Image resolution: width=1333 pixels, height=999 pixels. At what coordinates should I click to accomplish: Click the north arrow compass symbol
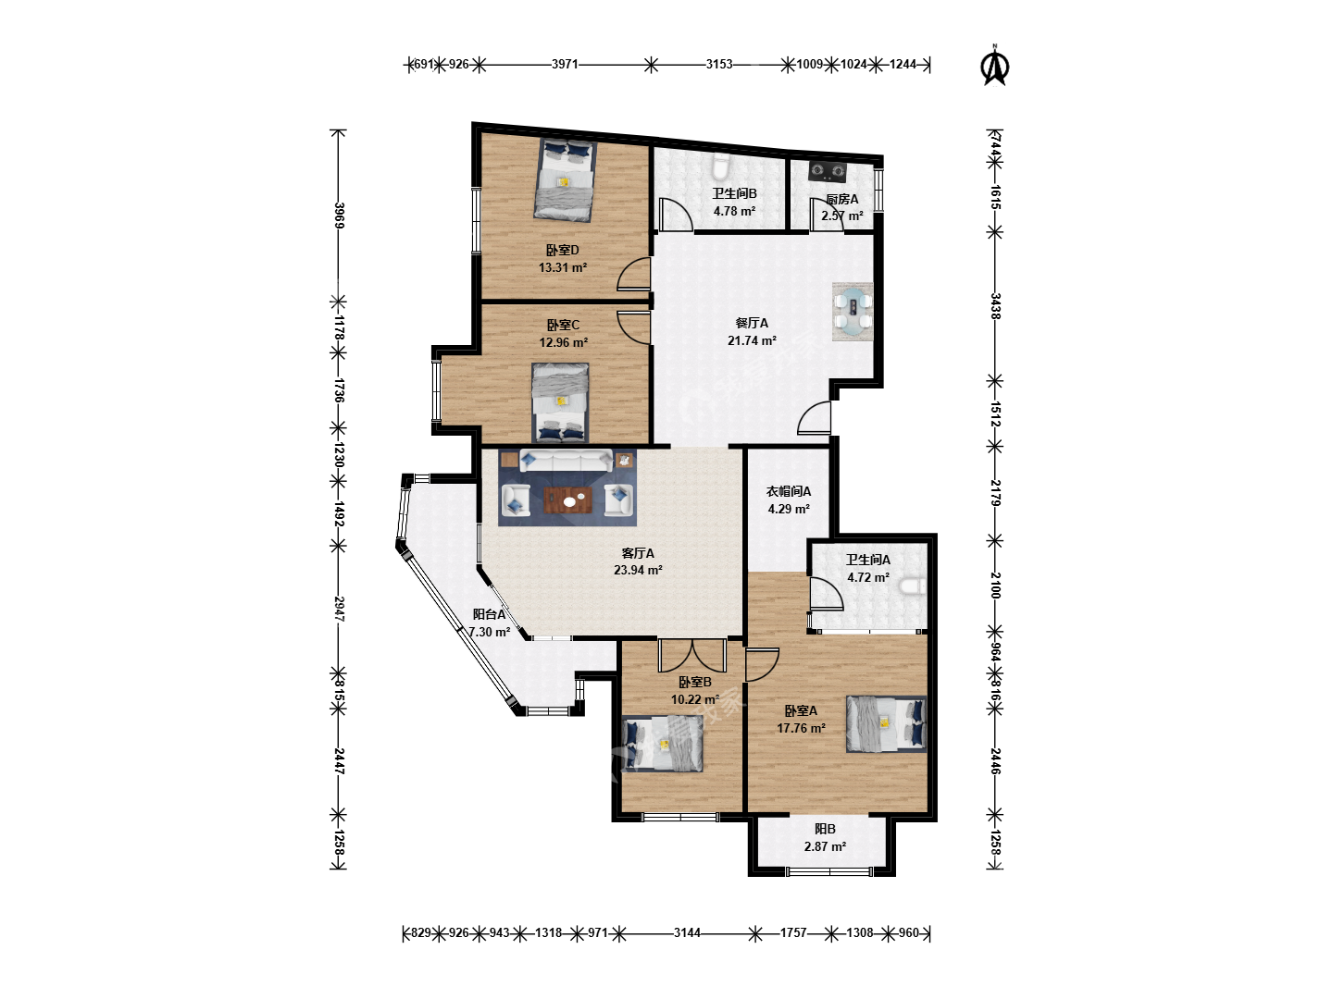995,67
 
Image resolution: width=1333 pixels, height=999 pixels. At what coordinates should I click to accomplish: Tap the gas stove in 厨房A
828,172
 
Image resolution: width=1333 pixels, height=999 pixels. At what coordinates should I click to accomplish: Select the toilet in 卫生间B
720,166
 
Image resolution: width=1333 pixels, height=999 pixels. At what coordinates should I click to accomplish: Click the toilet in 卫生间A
913,586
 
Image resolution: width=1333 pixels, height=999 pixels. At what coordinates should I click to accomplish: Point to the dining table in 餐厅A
852,312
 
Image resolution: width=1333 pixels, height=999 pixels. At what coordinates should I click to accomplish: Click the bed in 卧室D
565,179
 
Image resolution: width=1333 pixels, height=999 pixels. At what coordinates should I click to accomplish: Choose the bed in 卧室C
560,402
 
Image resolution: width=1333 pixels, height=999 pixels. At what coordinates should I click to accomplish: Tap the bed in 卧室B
662,743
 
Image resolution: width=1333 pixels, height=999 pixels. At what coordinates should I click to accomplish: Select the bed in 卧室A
886,724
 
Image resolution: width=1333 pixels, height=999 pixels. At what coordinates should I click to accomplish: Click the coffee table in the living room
567,500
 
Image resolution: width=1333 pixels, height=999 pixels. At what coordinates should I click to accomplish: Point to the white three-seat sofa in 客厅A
566,460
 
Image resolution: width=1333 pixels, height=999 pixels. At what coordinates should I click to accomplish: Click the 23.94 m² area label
638,570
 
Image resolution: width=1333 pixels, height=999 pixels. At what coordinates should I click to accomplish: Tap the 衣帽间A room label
789,491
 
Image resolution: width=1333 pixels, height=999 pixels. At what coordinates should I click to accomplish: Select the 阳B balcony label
825,829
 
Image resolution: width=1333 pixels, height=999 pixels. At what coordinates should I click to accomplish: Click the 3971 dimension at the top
565,65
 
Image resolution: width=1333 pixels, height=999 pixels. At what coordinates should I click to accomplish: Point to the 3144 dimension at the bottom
687,933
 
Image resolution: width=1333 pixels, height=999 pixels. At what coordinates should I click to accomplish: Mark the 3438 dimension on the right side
995,306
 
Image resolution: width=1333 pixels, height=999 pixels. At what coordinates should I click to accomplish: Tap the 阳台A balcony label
490,614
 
